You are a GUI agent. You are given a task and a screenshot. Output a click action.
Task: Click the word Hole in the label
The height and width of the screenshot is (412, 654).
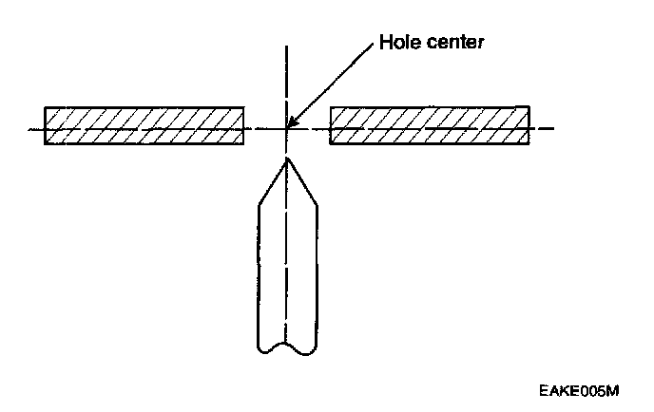tap(400, 43)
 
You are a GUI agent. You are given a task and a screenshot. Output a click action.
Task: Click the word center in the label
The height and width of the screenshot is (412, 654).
tap(453, 43)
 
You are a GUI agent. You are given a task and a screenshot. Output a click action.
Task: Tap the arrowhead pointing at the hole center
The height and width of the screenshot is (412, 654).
tap(292, 122)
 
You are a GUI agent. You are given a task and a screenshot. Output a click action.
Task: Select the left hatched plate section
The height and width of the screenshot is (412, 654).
tap(144, 125)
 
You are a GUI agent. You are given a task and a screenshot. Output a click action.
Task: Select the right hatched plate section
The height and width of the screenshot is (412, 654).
tap(430, 125)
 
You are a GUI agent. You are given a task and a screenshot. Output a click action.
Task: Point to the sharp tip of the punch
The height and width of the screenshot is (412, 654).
tap(286, 159)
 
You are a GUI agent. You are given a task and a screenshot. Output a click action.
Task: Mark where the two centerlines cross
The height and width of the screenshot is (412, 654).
tap(286, 127)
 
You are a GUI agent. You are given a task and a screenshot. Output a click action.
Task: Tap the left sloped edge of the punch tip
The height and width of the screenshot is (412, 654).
tap(272, 181)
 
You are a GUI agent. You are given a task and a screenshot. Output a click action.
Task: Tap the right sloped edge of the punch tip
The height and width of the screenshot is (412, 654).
tap(301, 181)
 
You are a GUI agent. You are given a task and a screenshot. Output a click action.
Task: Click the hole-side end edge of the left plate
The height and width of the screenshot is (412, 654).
tap(243, 125)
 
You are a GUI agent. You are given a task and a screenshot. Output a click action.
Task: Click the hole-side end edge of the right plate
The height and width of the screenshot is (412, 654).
tap(330, 125)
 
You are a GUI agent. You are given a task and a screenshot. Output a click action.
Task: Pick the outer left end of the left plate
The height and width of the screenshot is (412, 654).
tap(45, 125)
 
